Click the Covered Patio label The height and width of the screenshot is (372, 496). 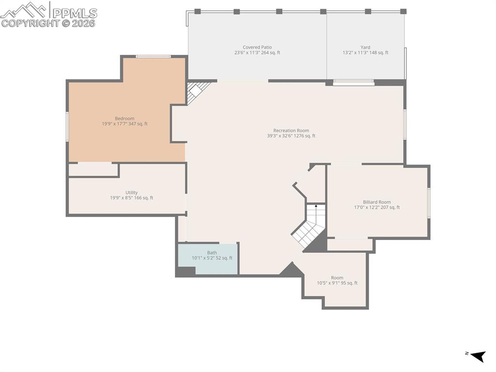pyautogui.click(x=257, y=48)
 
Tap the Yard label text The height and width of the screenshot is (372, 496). pyautogui.click(x=365, y=48)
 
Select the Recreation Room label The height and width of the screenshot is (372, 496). pyautogui.click(x=291, y=130)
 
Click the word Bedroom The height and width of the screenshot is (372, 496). pyautogui.click(x=124, y=118)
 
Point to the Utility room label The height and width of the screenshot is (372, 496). pyautogui.click(x=131, y=193)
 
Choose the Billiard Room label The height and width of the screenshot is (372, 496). pyautogui.click(x=376, y=202)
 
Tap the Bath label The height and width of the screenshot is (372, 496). pyautogui.click(x=212, y=253)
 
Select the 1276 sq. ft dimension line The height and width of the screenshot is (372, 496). pyautogui.click(x=291, y=136)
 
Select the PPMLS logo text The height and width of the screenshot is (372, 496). pyautogui.click(x=74, y=13)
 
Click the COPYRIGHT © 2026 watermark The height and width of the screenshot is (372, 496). pyautogui.click(x=48, y=23)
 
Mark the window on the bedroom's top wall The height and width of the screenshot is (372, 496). pyautogui.click(x=153, y=57)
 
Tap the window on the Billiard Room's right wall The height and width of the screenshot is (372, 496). pyautogui.click(x=428, y=203)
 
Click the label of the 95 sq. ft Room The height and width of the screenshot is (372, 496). pyautogui.click(x=337, y=278)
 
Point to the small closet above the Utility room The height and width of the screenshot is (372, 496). pyautogui.click(x=93, y=170)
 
